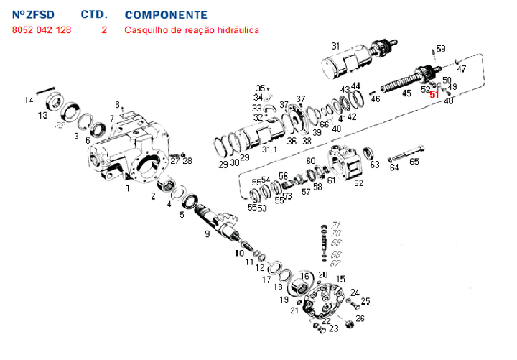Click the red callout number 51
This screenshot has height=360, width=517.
point(434,94)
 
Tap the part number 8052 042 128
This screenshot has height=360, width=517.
point(42,30)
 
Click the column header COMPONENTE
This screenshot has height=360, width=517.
point(166,14)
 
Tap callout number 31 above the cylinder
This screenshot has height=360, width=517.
point(335,46)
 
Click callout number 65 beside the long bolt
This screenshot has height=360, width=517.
point(414,162)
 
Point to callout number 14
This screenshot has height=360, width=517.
point(29,100)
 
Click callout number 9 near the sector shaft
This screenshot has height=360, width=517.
point(208,234)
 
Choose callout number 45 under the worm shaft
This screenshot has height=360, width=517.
point(406,93)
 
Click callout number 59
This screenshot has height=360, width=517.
point(441,48)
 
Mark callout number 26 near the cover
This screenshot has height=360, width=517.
point(360,318)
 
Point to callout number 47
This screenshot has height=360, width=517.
point(462,69)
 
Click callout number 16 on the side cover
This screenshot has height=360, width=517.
point(304,277)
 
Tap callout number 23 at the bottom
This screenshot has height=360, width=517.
point(334,328)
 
